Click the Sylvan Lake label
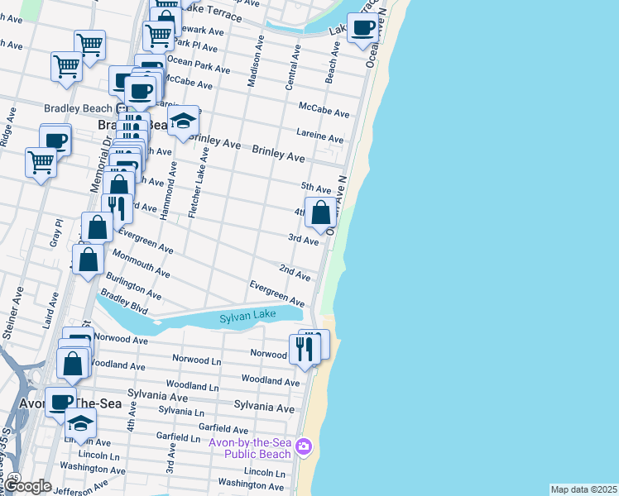[246, 318]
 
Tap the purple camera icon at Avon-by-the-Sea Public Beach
[304, 446]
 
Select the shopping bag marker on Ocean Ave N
[320, 213]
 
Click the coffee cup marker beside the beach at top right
[362, 28]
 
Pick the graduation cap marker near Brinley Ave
[183, 122]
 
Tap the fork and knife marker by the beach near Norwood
[304, 348]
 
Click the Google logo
[27, 486]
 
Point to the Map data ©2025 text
[583, 489]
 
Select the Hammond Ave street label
[169, 191]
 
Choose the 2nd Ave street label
[294, 272]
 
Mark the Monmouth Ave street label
[141, 264]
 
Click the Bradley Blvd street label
[123, 303]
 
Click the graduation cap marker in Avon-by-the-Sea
[80, 423]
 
